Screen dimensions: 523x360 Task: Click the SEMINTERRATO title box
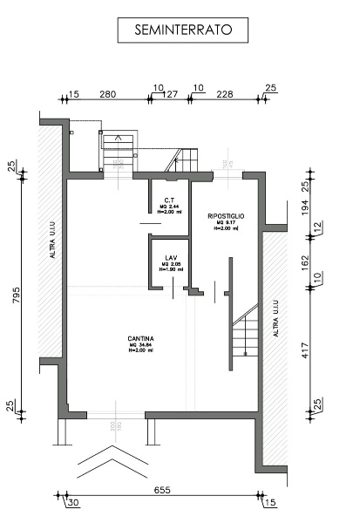point(182,31)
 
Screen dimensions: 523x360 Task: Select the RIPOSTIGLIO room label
point(226,215)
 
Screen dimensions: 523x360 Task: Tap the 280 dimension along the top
point(108,92)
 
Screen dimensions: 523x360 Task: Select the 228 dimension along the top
point(225,92)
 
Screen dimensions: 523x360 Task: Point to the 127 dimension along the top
point(172,92)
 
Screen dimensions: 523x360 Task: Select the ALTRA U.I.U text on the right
point(275,320)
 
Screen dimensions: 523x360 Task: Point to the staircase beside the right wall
point(247,331)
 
